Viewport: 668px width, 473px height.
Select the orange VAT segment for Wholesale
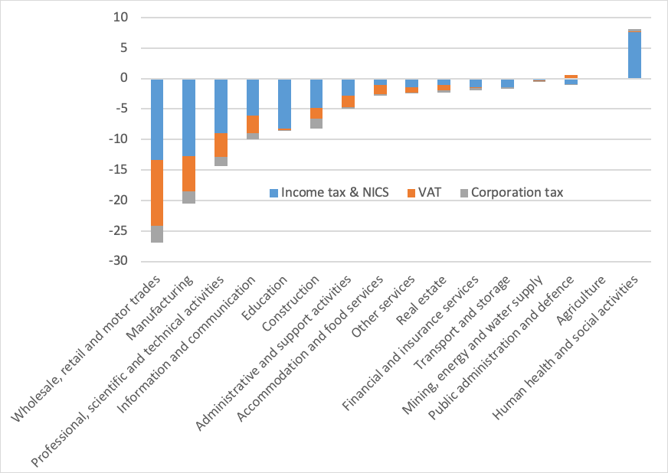point(157,193)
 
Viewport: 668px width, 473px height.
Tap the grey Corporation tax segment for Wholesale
point(157,233)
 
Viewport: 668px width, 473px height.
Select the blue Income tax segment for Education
point(284,103)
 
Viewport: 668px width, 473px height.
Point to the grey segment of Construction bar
point(316,123)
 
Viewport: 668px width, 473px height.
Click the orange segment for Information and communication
point(253,124)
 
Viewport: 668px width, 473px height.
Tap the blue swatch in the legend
point(273,192)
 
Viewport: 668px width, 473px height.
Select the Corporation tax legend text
point(517,192)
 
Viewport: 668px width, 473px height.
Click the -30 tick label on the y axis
point(121,262)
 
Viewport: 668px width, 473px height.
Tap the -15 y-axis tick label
point(121,170)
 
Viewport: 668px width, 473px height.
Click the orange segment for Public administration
point(571,77)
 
